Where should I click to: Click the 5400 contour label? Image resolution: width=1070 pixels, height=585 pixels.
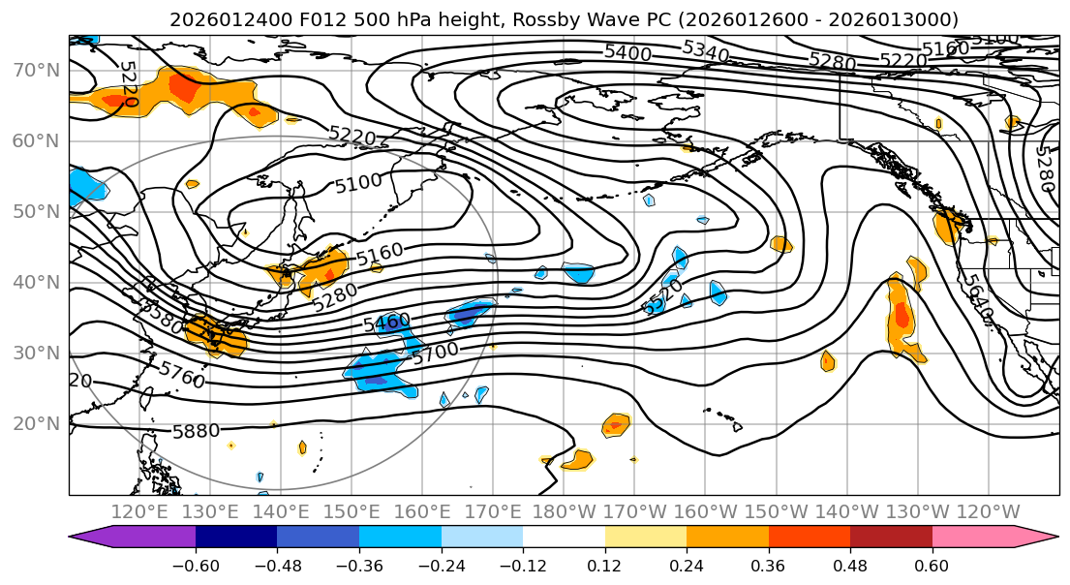tap(627, 52)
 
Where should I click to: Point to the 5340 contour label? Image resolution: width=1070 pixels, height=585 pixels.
tap(705, 50)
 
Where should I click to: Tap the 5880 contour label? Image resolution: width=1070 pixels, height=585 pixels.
tap(196, 431)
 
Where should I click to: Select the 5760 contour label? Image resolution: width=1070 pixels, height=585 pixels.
tap(182, 374)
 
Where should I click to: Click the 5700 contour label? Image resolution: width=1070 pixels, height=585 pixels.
tap(435, 354)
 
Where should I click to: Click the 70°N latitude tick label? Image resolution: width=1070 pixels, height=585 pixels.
tap(37, 70)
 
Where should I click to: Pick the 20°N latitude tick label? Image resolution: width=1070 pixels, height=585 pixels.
tap(37, 423)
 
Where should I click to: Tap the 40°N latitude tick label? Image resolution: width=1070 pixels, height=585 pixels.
tap(37, 282)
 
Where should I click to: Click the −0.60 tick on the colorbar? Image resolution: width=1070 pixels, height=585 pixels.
tap(196, 566)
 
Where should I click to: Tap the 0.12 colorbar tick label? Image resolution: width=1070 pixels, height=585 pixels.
tap(604, 566)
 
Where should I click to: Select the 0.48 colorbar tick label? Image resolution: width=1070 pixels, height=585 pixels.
tap(850, 566)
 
